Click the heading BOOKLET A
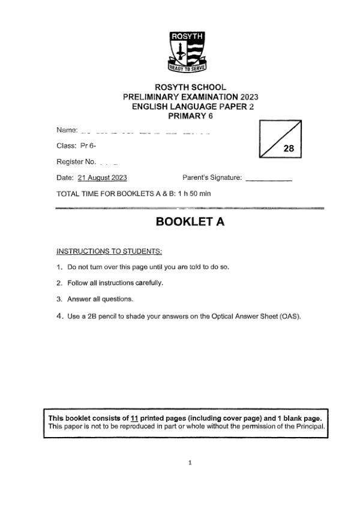[x=190, y=222]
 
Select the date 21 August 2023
[x=102, y=177]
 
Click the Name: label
[x=67, y=130]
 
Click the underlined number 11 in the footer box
[x=142, y=418]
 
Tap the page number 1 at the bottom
[x=190, y=463]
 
